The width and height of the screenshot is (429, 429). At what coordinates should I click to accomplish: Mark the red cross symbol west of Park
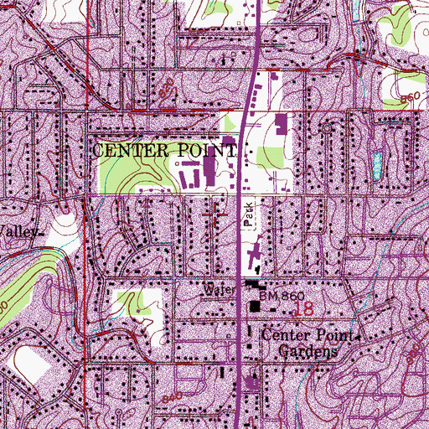click(214, 212)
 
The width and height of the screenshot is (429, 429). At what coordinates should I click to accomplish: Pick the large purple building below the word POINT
click(209, 172)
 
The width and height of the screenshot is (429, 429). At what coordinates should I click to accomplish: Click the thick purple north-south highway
click(244, 168)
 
